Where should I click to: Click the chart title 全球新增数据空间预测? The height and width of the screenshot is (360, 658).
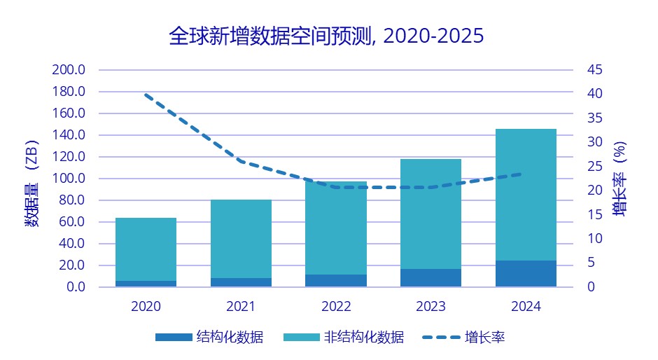(326, 36)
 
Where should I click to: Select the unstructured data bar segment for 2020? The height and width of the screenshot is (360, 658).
(146, 249)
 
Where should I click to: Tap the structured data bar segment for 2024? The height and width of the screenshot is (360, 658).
(526, 273)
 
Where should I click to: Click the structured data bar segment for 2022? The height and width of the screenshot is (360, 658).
(336, 280)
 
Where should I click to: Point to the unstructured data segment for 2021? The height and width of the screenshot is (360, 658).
(241, 238)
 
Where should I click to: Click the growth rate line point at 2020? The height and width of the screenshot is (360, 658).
(146, 94)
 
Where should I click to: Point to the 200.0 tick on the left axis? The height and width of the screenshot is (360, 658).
(69, 70)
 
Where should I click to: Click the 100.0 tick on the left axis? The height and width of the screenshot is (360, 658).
(69, 179)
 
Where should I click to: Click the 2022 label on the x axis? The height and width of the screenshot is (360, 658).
(336, 307)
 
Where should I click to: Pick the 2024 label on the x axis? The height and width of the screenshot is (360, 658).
(526, 307)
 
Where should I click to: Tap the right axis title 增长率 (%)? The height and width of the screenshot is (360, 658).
(620, 178)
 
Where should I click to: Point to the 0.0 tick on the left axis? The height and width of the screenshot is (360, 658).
(73, 287)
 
